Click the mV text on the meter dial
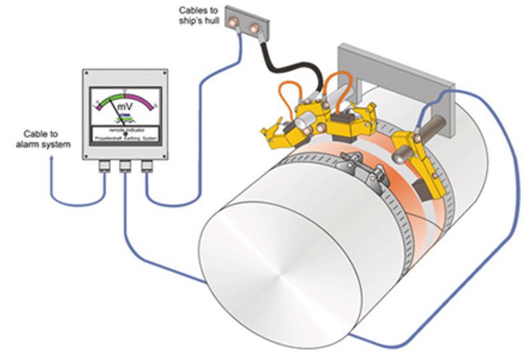coord(125,108)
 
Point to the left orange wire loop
coord(291,94)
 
